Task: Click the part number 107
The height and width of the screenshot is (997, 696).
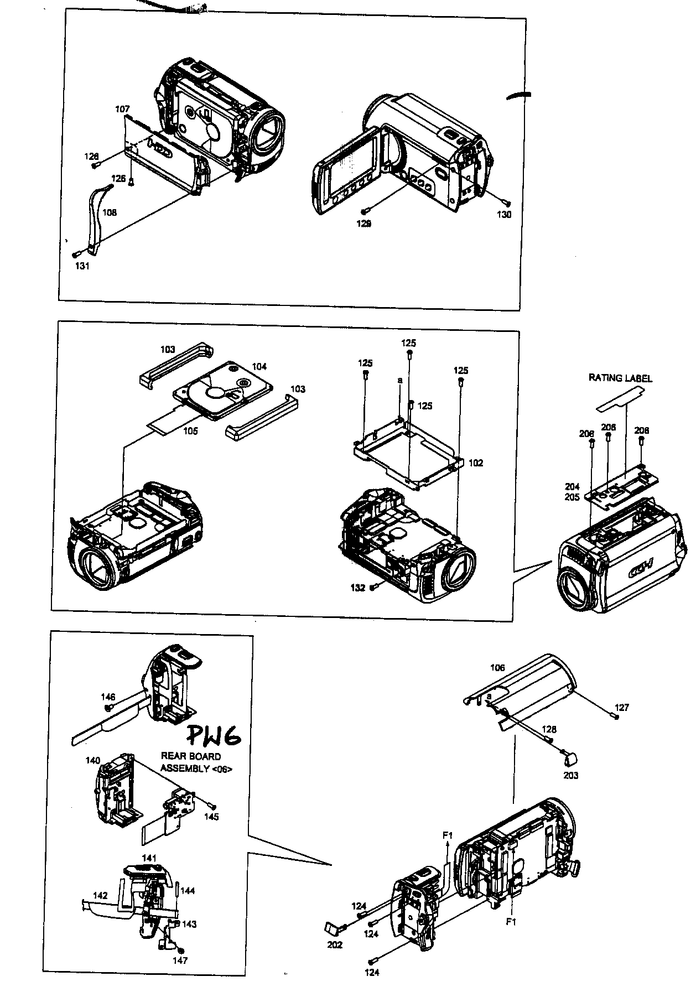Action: click(122, 110)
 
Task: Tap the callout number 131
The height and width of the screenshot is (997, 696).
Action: click(82, 266)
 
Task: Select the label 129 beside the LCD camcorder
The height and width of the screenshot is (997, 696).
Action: click(363, 224)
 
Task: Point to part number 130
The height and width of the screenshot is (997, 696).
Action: click(504, 215)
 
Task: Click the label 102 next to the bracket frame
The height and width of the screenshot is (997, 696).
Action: click(476, 463)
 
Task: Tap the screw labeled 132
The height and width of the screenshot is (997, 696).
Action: click(374, 586)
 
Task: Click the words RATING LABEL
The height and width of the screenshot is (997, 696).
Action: click(620, 378)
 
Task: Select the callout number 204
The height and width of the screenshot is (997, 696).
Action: click(572, 487)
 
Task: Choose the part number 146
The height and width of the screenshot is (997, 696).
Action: click(107, 697)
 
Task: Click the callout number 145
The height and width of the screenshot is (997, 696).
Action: click(211, 817)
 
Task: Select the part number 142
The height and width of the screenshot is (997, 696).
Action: click(100, 895)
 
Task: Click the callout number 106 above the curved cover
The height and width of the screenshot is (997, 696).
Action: click(497, 668)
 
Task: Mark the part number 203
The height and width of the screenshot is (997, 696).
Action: click(570, 775)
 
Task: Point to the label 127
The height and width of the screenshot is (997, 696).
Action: click(622, 708)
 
